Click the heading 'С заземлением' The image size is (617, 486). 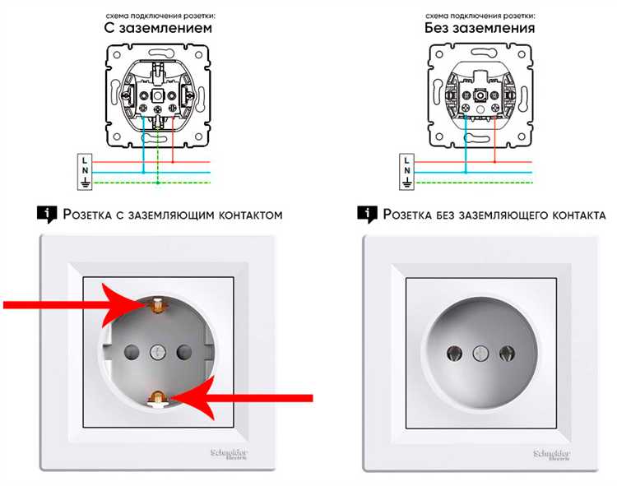click(158, 28)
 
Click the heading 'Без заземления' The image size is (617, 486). click(480, 28)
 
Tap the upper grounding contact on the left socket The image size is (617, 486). click(157, 306)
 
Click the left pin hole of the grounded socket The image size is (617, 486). click(132, 351)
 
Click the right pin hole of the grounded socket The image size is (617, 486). click(183, 351)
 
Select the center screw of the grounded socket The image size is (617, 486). click(157, 351)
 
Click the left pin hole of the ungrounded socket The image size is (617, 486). click(454, 353)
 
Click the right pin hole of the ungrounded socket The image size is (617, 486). click(507, 353)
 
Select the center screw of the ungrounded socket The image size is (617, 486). click(480, 353)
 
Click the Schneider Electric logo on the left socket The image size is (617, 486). click(229, 454)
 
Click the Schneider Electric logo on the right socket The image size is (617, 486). click(552, 455)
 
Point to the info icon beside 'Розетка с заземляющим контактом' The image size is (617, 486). click(47, 215)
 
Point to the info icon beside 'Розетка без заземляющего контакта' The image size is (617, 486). click(367, 215)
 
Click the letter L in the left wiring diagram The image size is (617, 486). click(84, 160)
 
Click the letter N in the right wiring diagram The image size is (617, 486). click(407, 170)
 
